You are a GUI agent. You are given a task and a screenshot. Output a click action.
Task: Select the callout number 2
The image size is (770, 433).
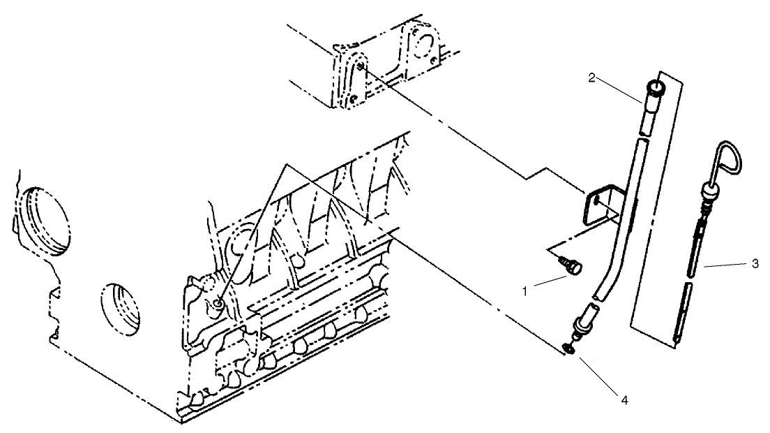click(591, 77)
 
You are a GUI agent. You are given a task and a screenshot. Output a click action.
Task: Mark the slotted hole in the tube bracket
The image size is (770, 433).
click(598, 202)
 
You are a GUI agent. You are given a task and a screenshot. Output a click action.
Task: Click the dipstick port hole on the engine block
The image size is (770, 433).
click(220, 302)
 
